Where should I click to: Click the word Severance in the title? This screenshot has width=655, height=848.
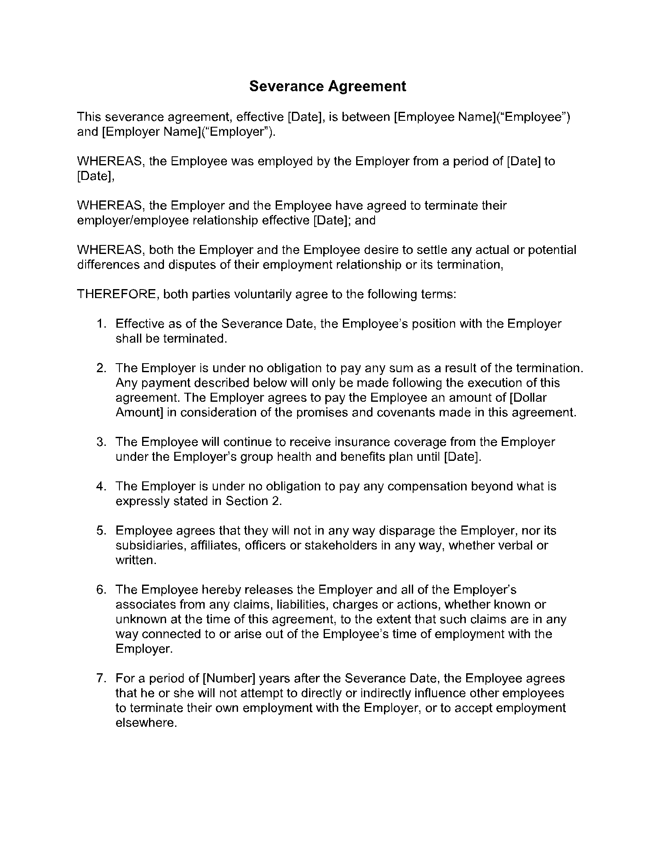[286, 86]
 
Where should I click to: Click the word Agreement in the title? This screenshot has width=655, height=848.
[367, 86]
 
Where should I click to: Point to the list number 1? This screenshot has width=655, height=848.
[100, 324]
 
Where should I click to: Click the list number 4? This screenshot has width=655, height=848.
[100, 486]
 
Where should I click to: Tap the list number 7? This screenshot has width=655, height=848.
[100, 678]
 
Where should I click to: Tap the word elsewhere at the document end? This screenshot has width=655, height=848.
[146, 723]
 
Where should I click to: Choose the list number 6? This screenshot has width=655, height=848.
[100, 590]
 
